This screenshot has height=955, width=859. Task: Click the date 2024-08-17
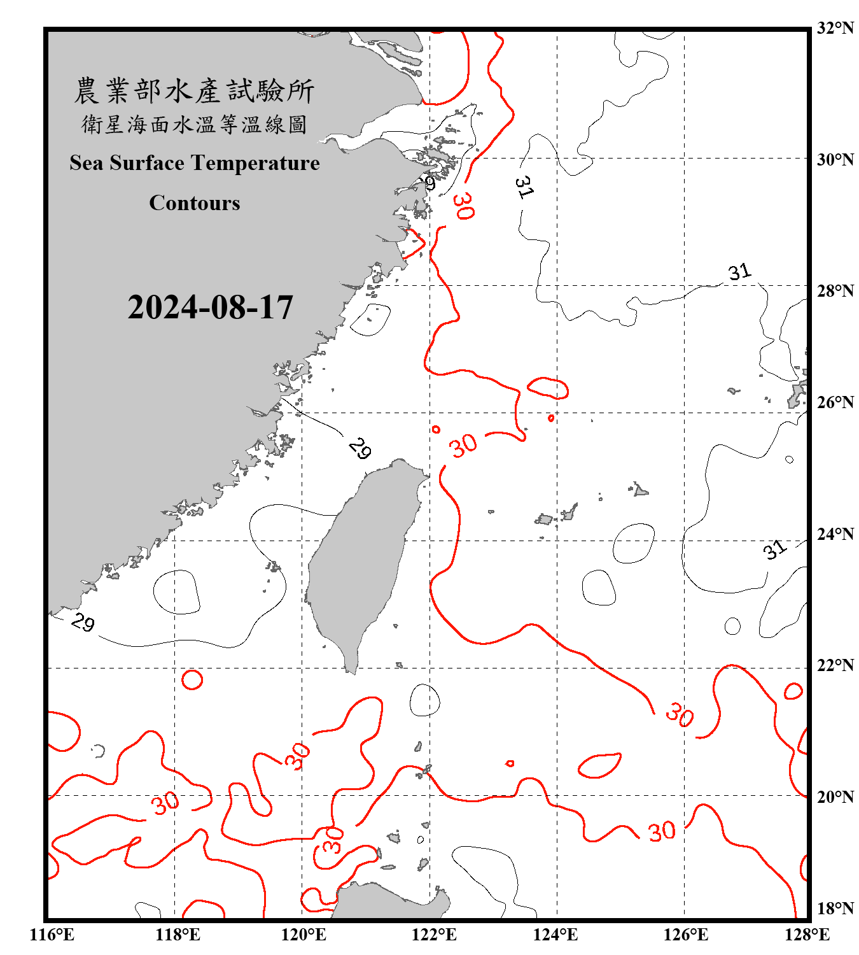(210, 308)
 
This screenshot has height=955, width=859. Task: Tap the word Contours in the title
(195, 203)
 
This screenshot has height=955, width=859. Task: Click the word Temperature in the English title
(258, 163)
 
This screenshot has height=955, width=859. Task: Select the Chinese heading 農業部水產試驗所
(194, 91)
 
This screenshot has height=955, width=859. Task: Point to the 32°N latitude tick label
(835, 28)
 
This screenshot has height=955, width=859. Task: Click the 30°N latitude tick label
(835, 159)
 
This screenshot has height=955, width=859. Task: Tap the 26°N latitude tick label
(835, 402)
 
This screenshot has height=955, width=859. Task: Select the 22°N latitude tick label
(835, 665)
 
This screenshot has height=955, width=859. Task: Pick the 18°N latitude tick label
(835, 909)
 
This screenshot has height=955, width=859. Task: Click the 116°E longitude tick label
(52, 935)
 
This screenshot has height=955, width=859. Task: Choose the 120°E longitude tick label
(304, 935)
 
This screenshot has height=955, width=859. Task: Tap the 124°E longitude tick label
(555, 935)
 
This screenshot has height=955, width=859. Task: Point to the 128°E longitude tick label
(807, 935)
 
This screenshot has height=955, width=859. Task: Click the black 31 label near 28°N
(739, 272)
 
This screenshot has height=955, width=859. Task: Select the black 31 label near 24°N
(774, 549)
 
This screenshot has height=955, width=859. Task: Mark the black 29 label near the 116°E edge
(83, 622)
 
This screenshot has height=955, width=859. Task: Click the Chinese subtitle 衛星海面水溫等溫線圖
(194, 125)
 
